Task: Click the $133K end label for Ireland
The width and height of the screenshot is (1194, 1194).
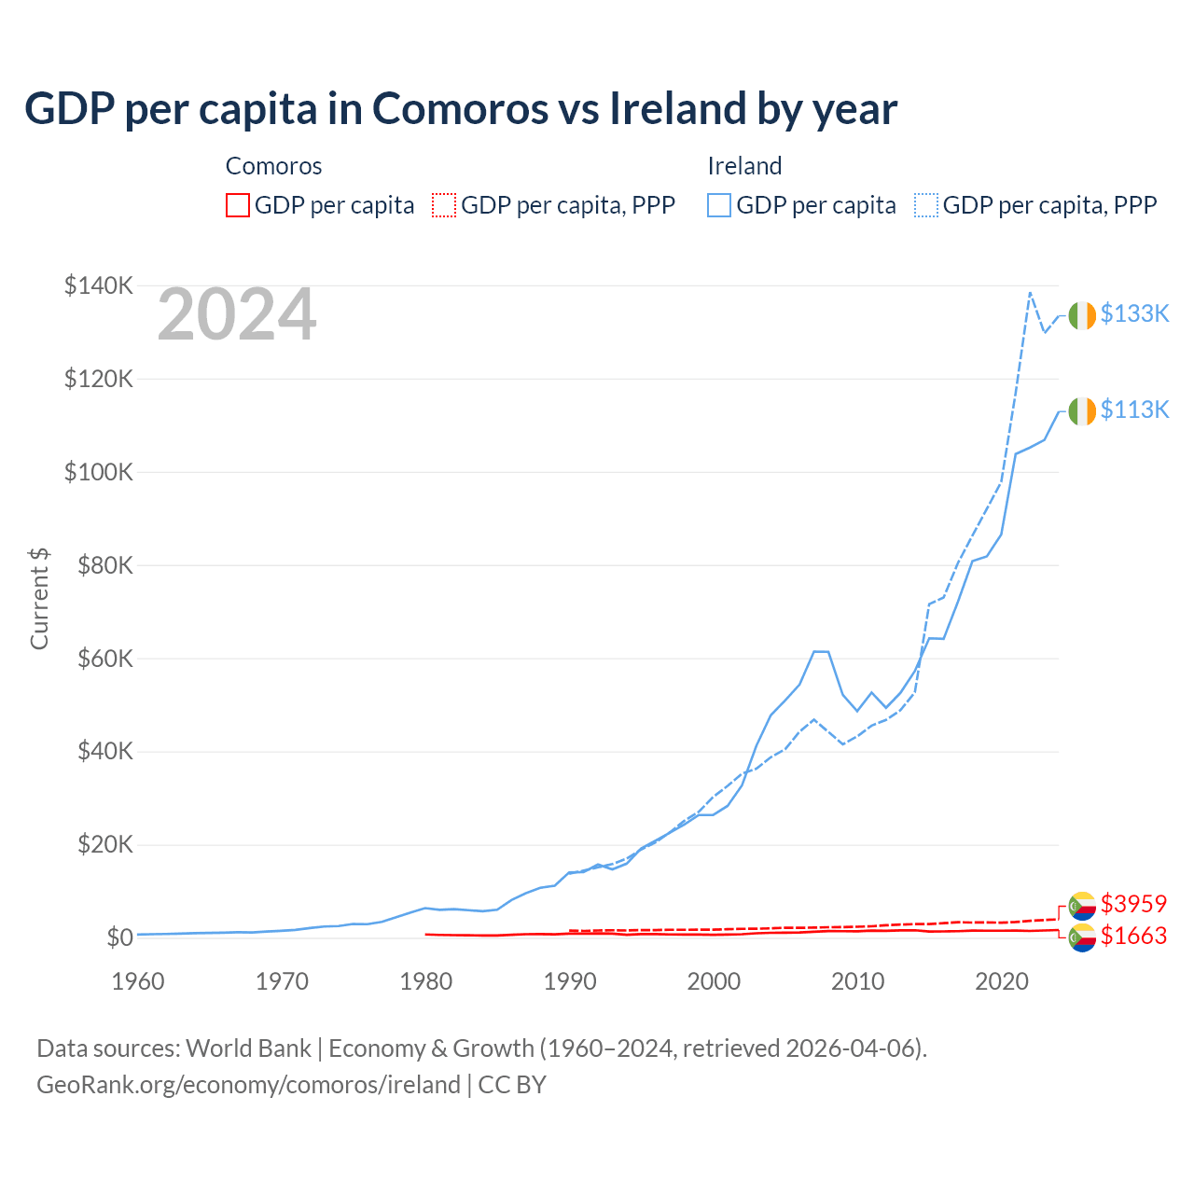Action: tap(1134, 313)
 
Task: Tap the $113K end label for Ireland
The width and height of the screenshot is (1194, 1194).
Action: tap(1134, 410)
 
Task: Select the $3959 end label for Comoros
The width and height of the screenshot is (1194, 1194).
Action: tap(1133, 904)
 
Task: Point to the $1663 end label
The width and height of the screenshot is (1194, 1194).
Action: tap(1133, 936)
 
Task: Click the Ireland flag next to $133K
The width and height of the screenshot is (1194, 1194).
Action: tap(1082, 316)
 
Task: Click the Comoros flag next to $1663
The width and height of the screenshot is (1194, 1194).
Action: tap(1082, 937)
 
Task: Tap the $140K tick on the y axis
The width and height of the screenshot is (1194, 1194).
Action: tap(98, 285)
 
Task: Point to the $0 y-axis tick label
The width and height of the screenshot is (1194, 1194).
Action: tap(119, 937)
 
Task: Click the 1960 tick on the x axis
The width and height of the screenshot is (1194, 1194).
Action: tap(138, 981)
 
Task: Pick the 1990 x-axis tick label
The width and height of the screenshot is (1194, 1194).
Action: tap(570, 981)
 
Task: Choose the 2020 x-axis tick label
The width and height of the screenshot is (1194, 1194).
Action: tap(1002, 981)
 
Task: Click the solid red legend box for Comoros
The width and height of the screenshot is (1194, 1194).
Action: tap(238, 205)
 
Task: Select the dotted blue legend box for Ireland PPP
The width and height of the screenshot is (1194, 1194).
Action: tap(926, 205)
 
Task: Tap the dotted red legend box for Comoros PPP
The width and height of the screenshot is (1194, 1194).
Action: tap(444, 205)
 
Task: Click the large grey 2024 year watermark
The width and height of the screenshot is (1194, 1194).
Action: tap(237, 315)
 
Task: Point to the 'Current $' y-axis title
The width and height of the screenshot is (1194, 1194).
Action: tap(39, 599)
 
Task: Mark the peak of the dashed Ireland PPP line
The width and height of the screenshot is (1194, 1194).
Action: tap(1030, 293)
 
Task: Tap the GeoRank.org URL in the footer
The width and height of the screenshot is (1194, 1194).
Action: tap(248, 1085)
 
